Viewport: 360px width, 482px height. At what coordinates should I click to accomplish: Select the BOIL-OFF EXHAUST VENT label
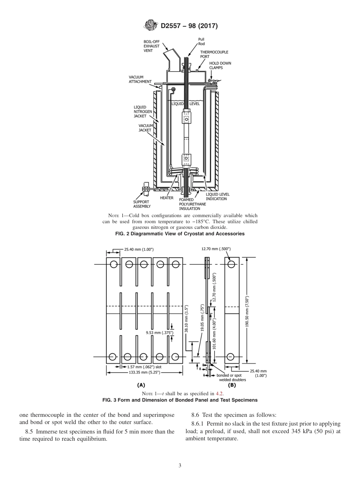click(x=151, y=46)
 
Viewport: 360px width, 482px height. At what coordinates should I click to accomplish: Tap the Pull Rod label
click(x=201, y=41)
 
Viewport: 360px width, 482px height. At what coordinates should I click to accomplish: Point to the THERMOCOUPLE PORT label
click(x=214, y=54)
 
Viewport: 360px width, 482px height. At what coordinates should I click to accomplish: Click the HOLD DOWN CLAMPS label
click(x=220, y=66)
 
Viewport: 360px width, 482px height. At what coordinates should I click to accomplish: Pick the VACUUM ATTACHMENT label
click(x=140, y=79)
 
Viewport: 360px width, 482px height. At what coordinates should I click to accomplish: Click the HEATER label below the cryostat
click(x=167, y=198)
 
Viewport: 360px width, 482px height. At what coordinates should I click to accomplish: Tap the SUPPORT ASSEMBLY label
click(x=142, y=204)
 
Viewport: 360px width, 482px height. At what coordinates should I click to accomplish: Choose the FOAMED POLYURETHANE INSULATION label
click(x=193, y=204)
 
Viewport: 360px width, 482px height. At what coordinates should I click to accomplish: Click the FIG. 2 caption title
click(x=180, y=234)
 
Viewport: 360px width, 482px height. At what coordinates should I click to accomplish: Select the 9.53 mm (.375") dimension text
click(x=160, y=333)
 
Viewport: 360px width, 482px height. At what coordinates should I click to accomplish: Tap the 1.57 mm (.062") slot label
click(x=144, y=367)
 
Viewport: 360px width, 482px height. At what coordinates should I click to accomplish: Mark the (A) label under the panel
click(x=141, y=385)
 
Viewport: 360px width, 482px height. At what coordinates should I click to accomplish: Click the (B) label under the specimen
click(x=232, y=385)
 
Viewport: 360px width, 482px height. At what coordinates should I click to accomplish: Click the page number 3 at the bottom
click(x=180, y=466)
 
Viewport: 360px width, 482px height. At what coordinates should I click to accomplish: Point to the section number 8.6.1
click(x=198, y=424)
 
